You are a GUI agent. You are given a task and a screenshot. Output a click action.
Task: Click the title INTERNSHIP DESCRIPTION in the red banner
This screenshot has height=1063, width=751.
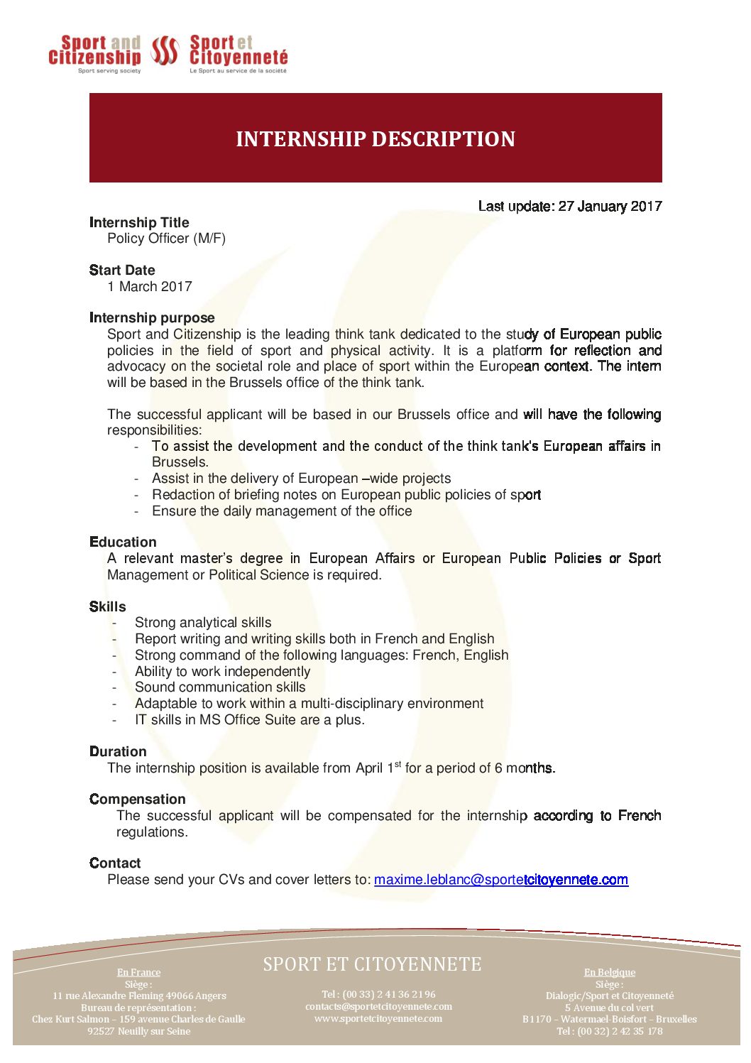click(375, 138)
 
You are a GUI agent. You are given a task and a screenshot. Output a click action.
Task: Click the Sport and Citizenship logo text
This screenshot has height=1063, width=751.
click(95, 50)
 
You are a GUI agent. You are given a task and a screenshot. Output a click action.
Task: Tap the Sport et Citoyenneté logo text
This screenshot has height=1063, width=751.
click(239, 50)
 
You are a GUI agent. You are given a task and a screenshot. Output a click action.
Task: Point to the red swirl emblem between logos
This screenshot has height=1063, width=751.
click(165, 51)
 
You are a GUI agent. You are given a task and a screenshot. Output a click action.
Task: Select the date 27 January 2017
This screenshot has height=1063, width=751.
click(610, 207)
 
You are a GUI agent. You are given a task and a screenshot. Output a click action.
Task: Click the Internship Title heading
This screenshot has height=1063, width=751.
click(139, 222)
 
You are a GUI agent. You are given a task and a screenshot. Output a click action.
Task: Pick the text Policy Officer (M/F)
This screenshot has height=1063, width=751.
click(166, 239)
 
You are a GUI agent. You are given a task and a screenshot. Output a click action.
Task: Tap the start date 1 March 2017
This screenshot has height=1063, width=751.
click(150, 287)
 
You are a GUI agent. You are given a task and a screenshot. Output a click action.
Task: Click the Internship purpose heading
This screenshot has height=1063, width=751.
click(152, 317)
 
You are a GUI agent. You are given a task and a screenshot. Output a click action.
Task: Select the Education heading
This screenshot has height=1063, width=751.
click(123, 542)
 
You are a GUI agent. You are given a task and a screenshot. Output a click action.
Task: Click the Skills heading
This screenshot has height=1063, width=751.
click(108, 606)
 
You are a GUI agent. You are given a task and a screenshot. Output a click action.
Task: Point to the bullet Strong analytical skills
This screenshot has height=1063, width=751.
click(203, 623)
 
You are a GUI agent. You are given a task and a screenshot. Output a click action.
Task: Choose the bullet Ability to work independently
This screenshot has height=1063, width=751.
click(222, 672)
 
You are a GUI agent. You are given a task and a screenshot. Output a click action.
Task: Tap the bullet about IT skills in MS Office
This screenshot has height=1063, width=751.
click(250, 720)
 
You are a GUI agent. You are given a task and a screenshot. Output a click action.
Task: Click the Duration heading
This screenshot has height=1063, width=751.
click(118, 751)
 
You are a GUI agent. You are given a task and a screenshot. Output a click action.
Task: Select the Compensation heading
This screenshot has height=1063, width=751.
click(137, 799)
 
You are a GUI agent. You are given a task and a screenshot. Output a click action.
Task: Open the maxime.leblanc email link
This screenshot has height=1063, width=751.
click(500, 880)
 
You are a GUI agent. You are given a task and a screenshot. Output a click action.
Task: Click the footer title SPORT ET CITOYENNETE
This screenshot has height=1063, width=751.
click(372, 964)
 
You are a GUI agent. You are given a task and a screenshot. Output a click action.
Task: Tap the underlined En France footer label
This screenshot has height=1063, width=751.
click(139, 972)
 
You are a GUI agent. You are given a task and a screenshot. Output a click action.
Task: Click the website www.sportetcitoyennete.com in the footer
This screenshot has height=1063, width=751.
click(378, 1019)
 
